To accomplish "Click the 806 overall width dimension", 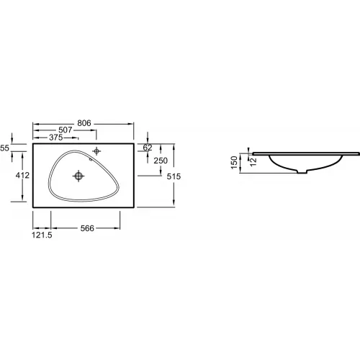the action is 84,123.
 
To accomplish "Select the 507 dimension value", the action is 66,130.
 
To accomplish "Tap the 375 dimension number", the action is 56,138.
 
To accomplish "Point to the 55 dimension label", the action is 4,148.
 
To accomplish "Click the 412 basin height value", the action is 22,176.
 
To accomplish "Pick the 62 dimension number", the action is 148,148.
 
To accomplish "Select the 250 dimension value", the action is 161,161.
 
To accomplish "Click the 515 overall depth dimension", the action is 174,176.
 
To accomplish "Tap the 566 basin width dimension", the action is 87,228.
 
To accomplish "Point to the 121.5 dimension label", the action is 42,235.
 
